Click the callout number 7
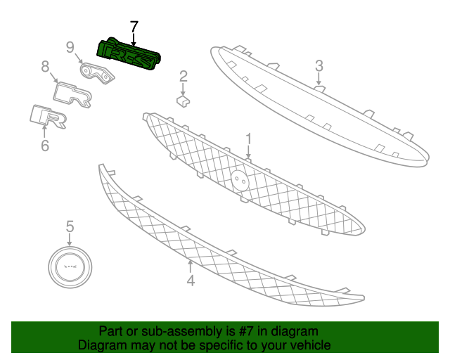click(x=134, y=27)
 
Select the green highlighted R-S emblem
click(x=128, y=54)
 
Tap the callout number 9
click(x=70, y=47)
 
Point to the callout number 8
click(x=45, y=67)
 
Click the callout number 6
click(x=45, y=146)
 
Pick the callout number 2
click(x=184, y=77)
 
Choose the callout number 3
click(x=319, y=65)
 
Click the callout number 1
click(x=248, y=139)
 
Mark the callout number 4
click(x=191, y=280)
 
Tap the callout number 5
click(x=70, y=226)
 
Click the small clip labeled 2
click(x=183, y=101)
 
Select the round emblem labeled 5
click(x=70, y=267)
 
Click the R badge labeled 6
click(x=49, y=116)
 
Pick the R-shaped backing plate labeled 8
click(x=72, y=94)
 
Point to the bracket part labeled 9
click(x=97, y=73)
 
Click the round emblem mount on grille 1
click(x=240, y=180)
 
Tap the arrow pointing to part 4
click(x=190, y=266)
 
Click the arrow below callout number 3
click(x=319, y=79)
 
